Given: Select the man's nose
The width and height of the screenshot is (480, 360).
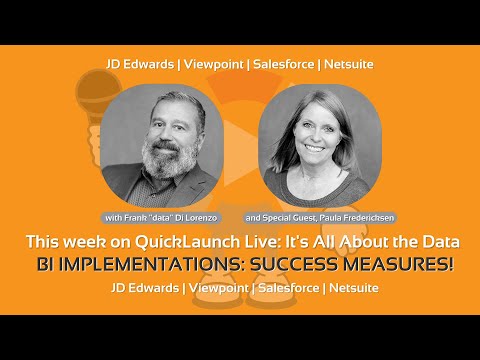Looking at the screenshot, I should pos(165,135).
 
